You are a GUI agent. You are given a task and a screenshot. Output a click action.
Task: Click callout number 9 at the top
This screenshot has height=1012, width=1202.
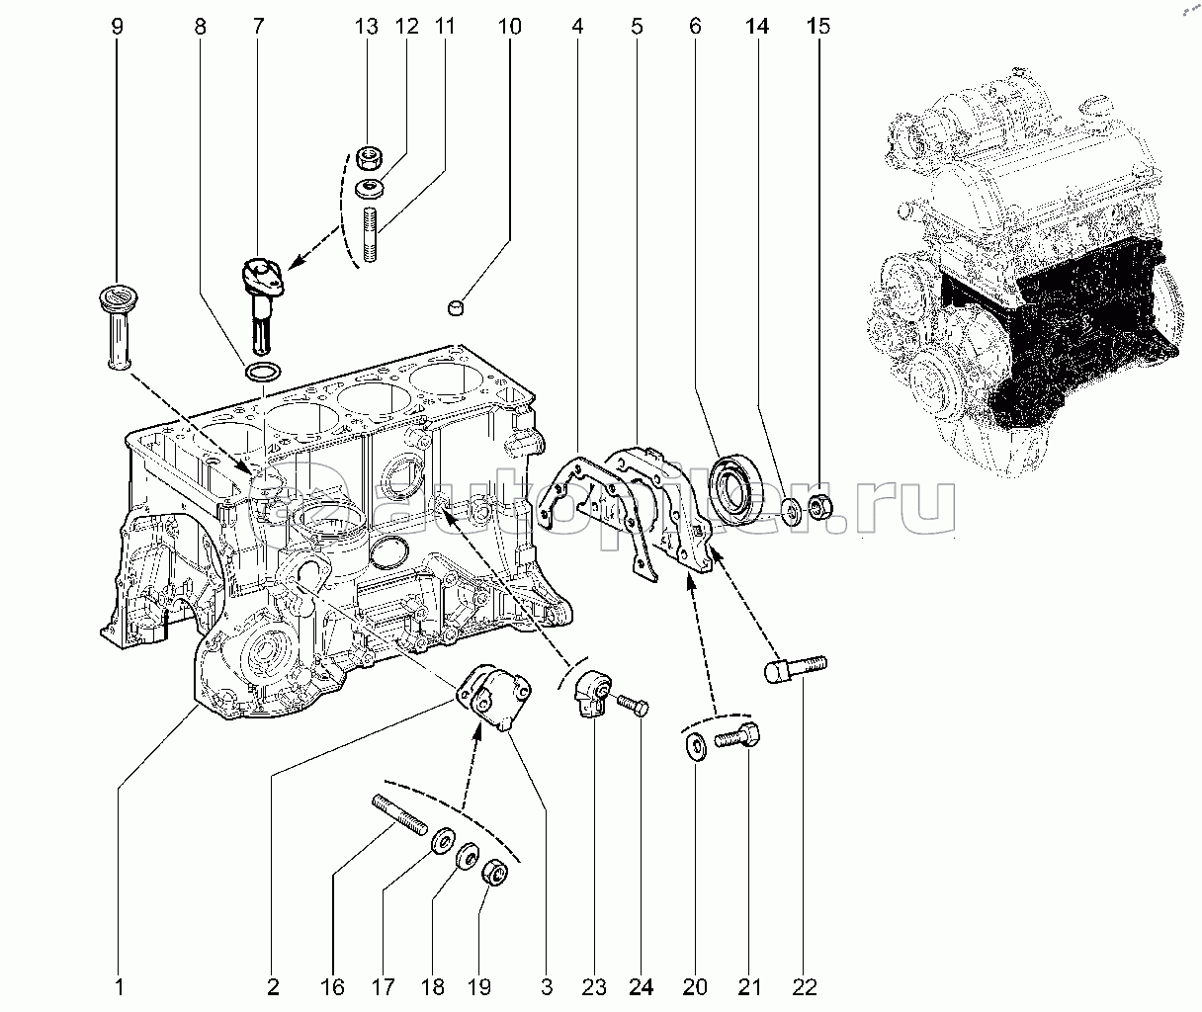click(x=118, y=27)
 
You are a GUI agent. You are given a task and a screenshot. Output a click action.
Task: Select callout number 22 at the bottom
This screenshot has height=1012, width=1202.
click(x=806, y=985)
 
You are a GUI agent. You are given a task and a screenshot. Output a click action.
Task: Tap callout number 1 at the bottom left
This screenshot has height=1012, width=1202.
click(x=119, y=985)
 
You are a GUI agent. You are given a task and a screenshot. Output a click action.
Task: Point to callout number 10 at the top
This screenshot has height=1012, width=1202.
click(x=509, y=27)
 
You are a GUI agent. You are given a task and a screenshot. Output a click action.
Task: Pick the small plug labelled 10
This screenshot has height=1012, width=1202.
click(x=457, y=309)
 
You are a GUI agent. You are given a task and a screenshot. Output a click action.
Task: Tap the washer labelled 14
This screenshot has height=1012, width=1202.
click(x=792, y=512)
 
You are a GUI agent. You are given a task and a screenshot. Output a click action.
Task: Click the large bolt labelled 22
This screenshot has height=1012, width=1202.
click(x=796, y=670)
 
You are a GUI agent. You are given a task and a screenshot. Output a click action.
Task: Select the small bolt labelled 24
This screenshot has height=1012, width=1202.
click(x=633, y=706)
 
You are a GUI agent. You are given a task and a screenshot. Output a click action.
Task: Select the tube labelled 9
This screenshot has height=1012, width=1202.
click(x=118, y=326)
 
